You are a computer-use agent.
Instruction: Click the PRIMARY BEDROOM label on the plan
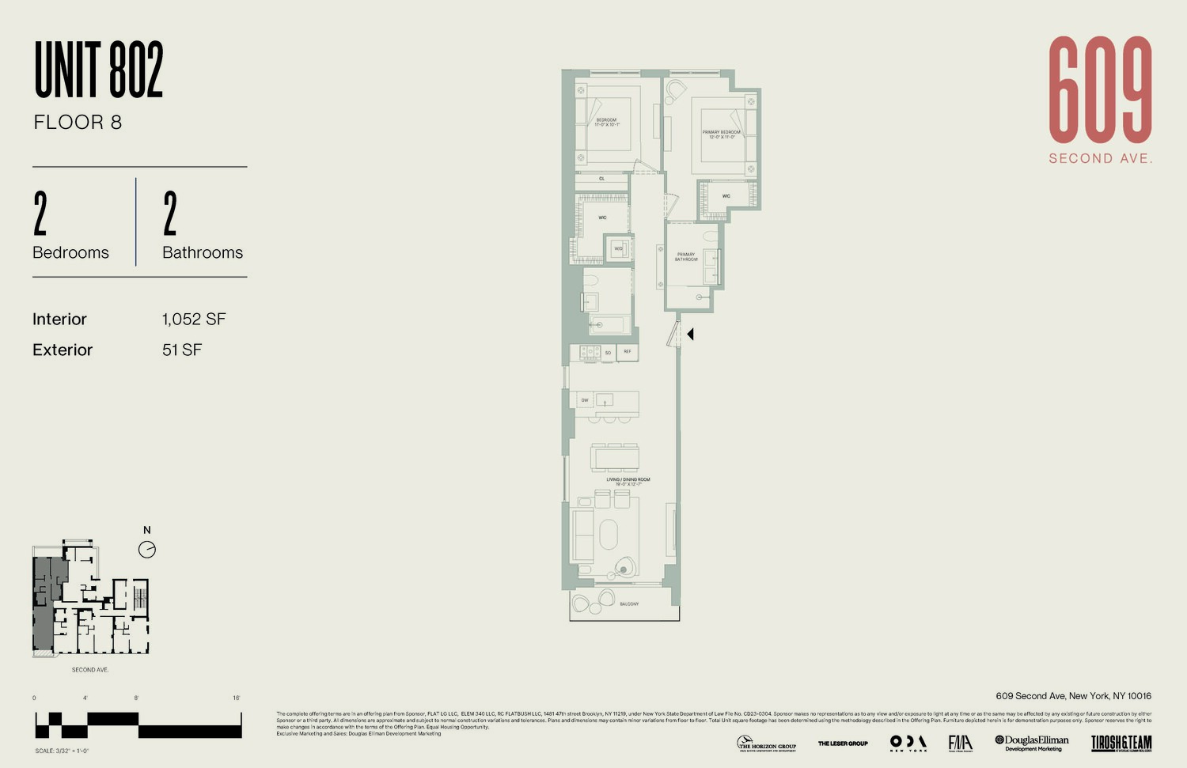pyautogui.click(x=721, y=134)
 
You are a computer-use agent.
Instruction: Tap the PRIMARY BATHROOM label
pyautogui.click(x=685, y=257)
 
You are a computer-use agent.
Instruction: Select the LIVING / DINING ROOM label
pyautogui.click(x=628, y=481)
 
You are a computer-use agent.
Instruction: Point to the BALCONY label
pyautogui.click(x=629, y=604)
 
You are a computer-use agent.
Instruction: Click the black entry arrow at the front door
pyautogui.click(x=690, y=335)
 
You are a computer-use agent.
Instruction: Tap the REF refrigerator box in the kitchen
pyautogui.click(x=628, y=352)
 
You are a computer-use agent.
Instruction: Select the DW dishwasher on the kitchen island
pyautogui.click(x=585, y=400)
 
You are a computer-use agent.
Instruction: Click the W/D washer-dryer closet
pyautogui.click(x=618, y=248)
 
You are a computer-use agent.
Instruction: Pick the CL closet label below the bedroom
pyautogui.click(x=602, y=179)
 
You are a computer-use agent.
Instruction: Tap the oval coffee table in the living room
pyautogui.click(x=608, y=534)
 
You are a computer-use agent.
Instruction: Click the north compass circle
pyautogui.click(x=147, y=550)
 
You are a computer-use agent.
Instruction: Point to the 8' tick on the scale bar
pyautogui.click(x=136, y=698)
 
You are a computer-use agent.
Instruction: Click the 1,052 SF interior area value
pyautogui.click(x=194, y=320)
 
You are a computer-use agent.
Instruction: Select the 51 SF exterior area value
pyautogui.click(x=182, y=350)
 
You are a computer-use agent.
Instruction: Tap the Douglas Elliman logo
pyautogui.click(x=1032, y=743)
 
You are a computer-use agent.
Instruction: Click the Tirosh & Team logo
pyautogui.click(x=1121, y=743)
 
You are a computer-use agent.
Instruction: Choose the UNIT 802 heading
pyautogui.click(x=99, y=70)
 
